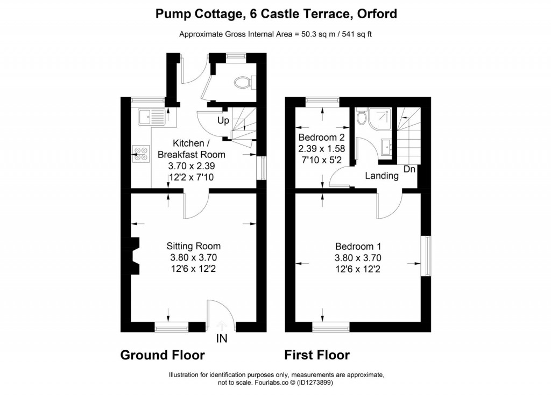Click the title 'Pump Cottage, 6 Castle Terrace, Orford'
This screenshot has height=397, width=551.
tap(276, 13)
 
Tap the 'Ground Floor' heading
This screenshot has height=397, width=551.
tap(162, 355)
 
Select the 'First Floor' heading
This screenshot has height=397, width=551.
tap(317, 355)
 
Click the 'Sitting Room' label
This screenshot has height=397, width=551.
tap(193, 246)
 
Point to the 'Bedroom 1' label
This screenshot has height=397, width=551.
tap(358, 246)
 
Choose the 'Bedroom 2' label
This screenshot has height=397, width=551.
tap(321, 136)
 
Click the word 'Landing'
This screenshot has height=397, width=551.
tap(382, 176)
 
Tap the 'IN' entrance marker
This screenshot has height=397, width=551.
tap(222, 338)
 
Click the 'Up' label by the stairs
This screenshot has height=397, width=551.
tap(223, 120)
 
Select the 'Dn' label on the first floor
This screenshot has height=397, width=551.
tap(409, 169)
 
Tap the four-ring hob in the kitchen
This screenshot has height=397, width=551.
tap(142, 154)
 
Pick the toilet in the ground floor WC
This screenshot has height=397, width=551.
tap(244, 82)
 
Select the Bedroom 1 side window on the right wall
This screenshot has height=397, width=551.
tap(426, 256)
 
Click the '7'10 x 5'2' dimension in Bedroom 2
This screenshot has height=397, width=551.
tap(321, 160)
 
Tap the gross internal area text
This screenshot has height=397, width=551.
tap(275, 35)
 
